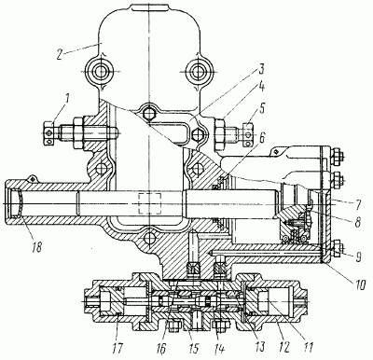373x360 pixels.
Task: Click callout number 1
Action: (x=67, y=100)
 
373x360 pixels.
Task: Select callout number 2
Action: (x=60, y=53)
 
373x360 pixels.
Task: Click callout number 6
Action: (x=262, y=138)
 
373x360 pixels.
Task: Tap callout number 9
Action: (x=358, y=257)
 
